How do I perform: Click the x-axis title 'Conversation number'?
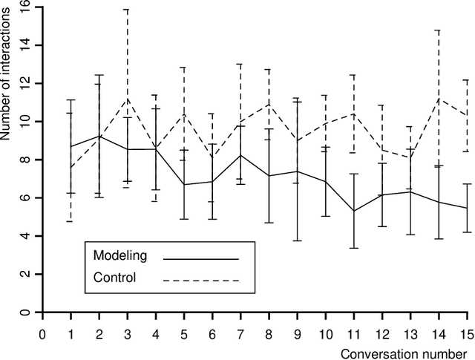tap(404, 352)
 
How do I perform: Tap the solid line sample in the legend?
tap(200, 258)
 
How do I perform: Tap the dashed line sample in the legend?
tap(200, 281)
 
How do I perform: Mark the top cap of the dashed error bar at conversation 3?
tap(128, 10)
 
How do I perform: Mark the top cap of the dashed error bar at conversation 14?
tap(439, 30)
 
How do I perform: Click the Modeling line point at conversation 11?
tap(354, 211)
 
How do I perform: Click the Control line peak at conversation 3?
tap(128, 98)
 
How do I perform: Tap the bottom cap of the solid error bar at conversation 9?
tap(298, 240)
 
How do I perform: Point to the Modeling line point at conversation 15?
tap(468, 208)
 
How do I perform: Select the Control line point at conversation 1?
tap(71, 167)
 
